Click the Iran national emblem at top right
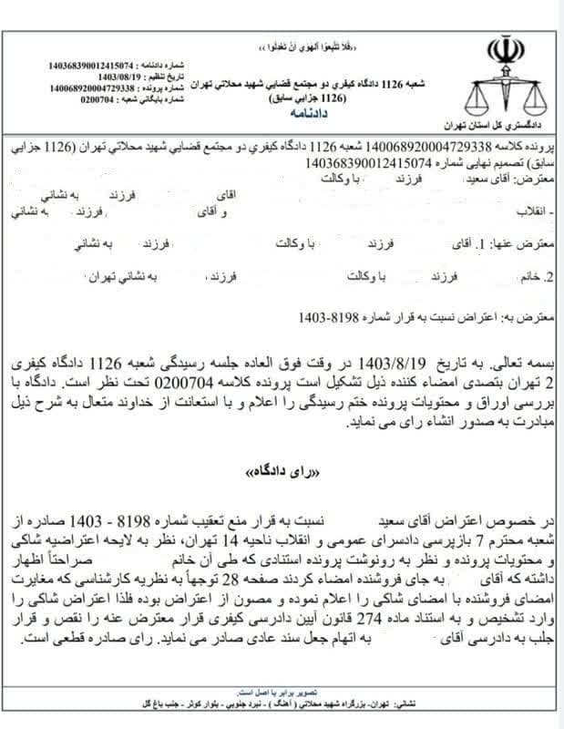click(505, 51)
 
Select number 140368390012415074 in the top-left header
click(90, 67)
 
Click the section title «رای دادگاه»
click(283, 476)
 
